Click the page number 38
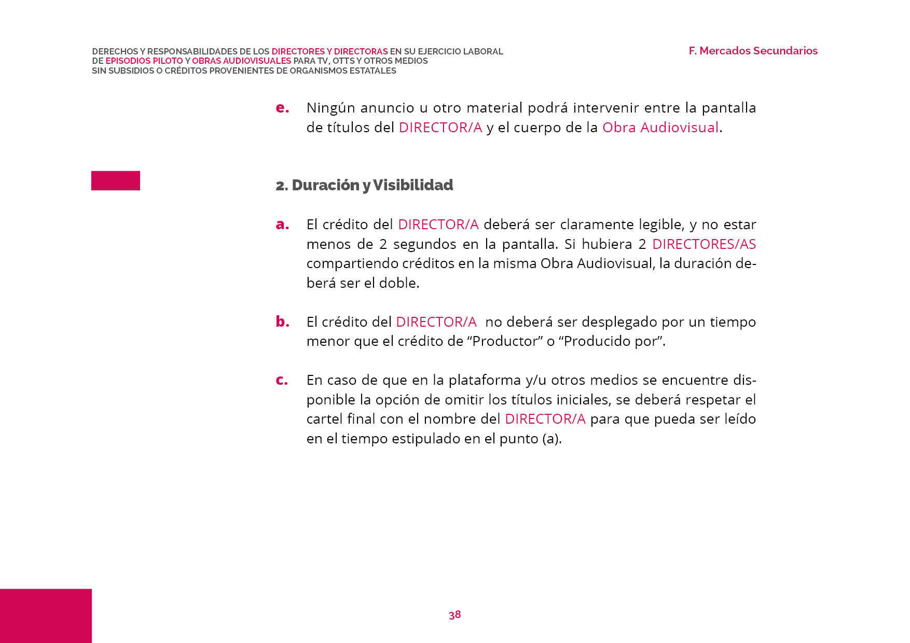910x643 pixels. (454, 614)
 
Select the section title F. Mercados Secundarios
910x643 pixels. (753, 51)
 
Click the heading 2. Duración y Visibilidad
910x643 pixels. (364, 185)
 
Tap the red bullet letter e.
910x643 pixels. (282, 108)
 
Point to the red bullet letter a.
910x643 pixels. (282, 225)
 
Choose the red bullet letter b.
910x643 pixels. (282, 321)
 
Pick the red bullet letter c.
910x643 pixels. (282, 380)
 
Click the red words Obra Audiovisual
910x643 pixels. (660, 128)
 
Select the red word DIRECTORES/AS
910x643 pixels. (704, 244)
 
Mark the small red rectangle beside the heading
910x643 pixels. (116, 180)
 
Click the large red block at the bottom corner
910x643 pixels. (46, 616)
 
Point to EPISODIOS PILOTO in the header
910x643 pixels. (144, 61)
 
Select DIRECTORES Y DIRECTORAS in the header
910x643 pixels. (329, 51)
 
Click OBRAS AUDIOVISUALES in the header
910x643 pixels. (241, 61)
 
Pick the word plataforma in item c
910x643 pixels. (485, 380)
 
